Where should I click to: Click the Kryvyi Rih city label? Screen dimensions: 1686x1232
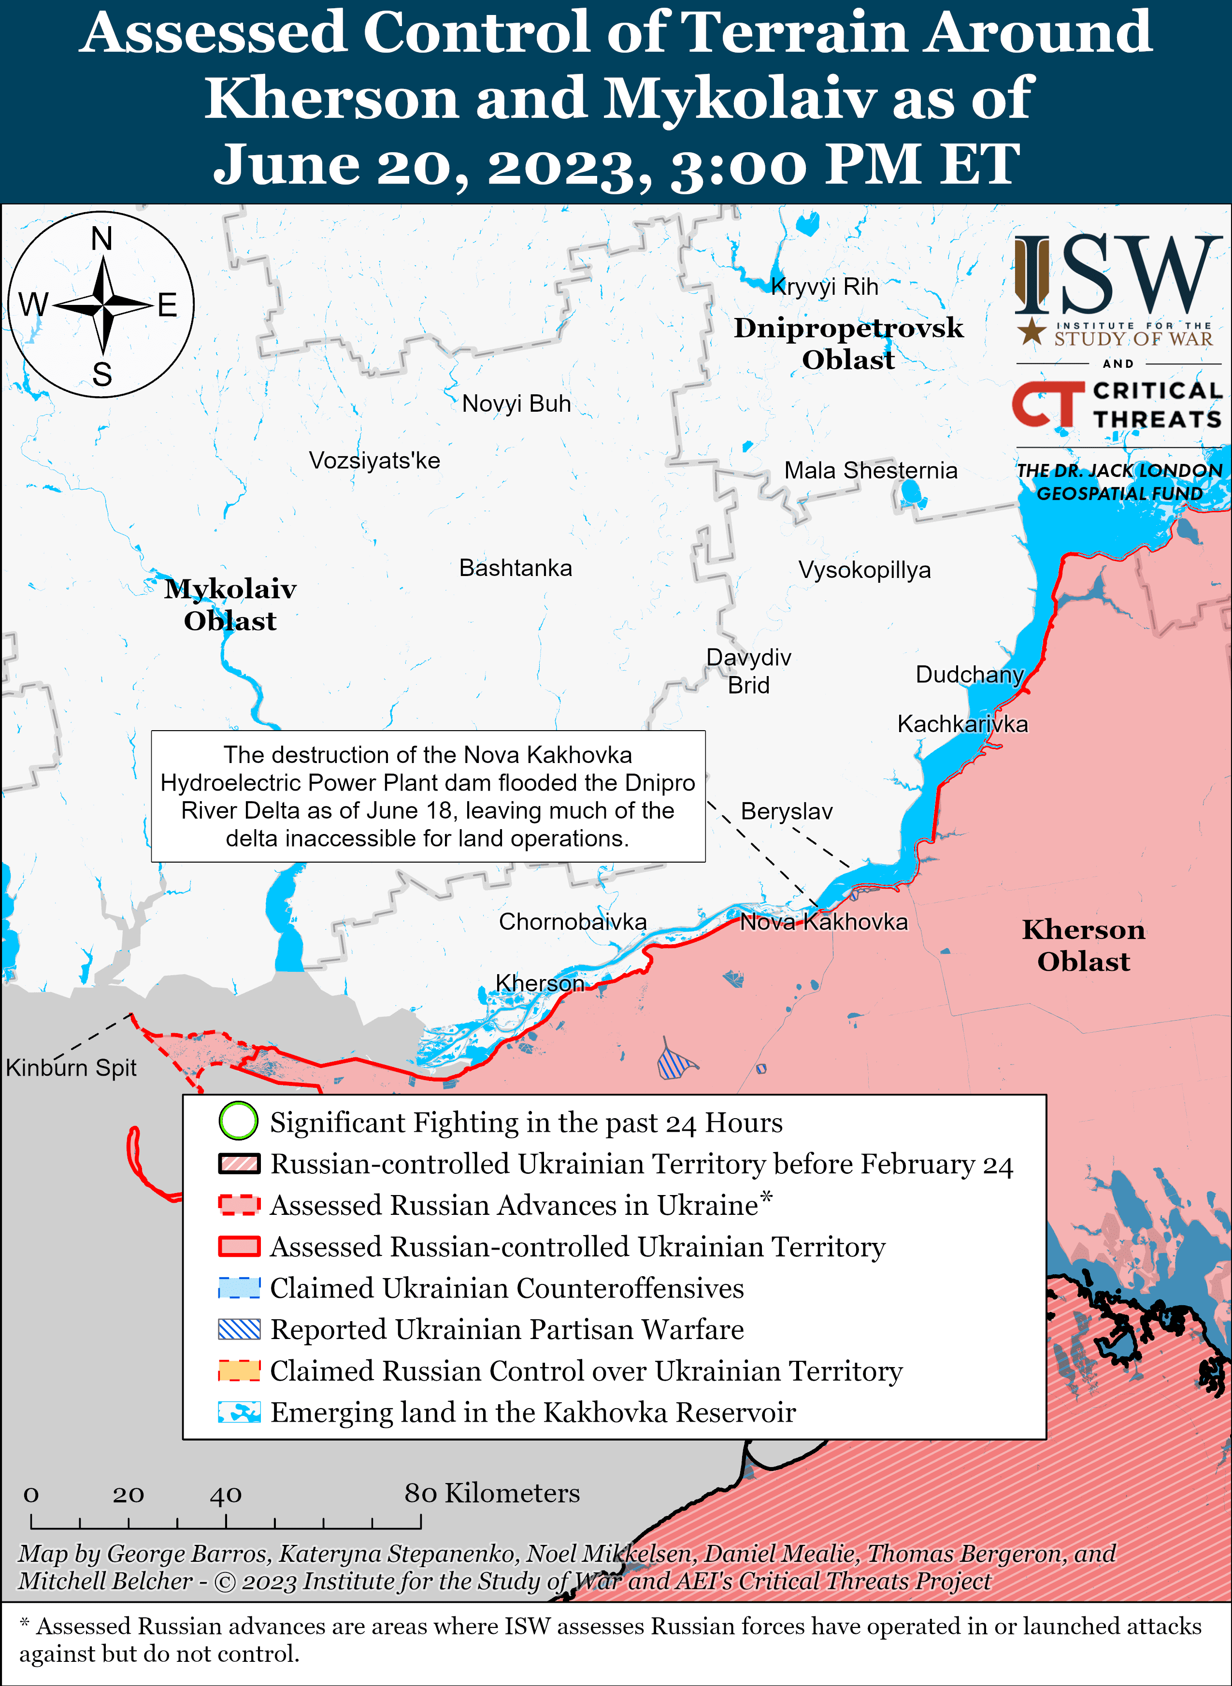824,287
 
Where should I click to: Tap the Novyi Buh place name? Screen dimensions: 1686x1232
516,403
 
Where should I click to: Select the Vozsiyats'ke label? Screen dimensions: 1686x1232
374,460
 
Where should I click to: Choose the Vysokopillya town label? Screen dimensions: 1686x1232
864,570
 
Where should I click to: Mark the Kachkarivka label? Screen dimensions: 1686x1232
962,723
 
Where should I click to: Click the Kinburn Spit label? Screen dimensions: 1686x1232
71,1068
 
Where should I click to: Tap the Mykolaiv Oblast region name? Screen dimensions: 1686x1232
230,604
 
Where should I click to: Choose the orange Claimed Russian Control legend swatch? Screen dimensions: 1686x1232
239,1370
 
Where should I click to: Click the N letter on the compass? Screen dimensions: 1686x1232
101,239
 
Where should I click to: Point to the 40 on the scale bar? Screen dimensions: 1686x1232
225,1494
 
